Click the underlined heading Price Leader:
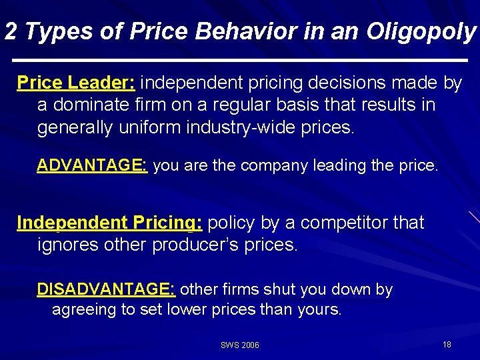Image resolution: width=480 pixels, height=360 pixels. point(76,83)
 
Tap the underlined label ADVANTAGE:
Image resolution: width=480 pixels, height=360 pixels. point(92,165)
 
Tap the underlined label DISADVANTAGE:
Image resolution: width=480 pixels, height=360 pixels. point(106,289)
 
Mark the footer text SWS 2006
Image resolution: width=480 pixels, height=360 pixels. point(240,345)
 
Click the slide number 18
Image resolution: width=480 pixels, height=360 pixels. point(447,345)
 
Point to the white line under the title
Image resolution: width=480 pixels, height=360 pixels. point(240,61)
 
